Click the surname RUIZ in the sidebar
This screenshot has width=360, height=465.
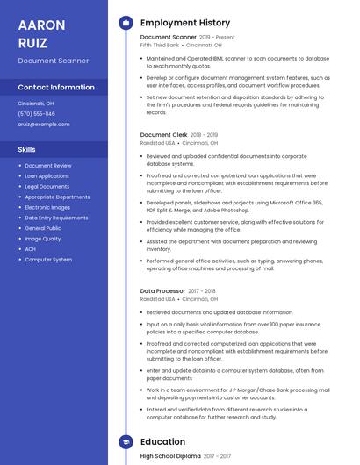(x=32, y=41)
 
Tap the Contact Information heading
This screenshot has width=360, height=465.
(x=56, y=88)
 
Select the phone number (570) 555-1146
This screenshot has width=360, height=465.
(x=36, y=113)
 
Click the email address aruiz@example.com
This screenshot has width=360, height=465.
(x=43, y=124)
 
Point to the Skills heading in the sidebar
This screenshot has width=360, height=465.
(x=26, y=149)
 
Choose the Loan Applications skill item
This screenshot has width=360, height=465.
(x=47, y=175)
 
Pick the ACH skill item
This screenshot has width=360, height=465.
(x=30, y=249)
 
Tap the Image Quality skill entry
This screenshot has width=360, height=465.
(x=43, y=239)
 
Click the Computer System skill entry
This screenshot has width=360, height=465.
(x=48, y=260)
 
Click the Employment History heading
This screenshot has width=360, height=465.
(x=185, y=23)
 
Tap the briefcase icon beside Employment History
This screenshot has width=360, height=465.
(x=126, y=23)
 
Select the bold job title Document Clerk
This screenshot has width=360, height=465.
(x=163, y=135)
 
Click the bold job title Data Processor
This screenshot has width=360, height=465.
(x=162, y=290)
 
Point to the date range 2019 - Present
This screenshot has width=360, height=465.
(x=217, y=38)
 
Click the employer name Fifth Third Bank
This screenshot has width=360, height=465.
(x=159, y=46)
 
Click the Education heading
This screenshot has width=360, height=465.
(x=162, y=442)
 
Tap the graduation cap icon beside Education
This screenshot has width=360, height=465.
(x=126, y=442)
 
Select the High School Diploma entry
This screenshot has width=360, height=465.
(x=170, y=456)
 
